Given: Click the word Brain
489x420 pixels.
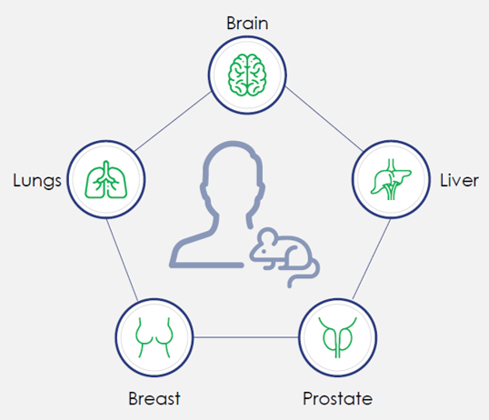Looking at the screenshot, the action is point(247,24).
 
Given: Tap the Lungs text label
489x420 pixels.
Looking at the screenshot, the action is point(37,181).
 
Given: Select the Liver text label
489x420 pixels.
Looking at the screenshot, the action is point(459,180).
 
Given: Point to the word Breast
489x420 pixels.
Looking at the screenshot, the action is point(155,398).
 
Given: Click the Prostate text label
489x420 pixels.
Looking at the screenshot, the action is point(338,398).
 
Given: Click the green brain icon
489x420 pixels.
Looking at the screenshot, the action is point(247,75).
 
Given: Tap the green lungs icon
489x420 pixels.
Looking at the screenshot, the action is point(106,179).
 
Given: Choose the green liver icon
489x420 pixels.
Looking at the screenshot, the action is point(391,179).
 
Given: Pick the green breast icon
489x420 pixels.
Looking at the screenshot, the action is point(155,337).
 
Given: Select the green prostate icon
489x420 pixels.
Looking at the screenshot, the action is point(338,337).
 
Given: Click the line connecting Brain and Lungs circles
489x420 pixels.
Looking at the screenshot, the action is point(173,122).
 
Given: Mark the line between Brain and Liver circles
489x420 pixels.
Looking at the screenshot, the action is point(324,119).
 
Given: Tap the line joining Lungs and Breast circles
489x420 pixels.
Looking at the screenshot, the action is point(122,260).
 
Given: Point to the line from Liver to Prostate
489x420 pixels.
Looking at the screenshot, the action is point(372,259).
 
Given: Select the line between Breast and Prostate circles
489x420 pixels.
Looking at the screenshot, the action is point(246,337).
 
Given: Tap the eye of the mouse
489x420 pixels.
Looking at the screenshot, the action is point(264,251).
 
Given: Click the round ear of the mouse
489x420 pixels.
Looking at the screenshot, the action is point(267,236).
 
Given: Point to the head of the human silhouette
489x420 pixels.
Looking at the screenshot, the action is point(233,175).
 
